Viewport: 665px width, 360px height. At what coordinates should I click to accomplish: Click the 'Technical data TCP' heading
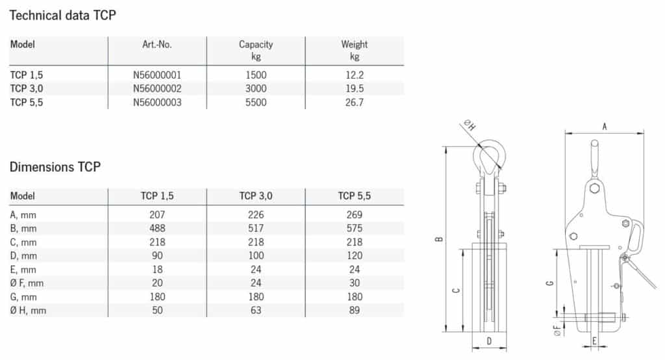coord(63,16)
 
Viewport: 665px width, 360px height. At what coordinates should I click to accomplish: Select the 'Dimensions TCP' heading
coord(55,167)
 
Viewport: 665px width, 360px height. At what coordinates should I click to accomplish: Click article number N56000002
coord(157,89)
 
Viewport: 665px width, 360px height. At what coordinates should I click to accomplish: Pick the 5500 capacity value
coord(256,102)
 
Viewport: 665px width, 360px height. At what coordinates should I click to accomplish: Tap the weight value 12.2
coord(354,75)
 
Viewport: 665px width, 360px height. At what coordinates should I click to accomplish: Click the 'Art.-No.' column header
coord(157,45)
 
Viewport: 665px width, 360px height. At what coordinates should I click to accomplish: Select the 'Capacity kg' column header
coord(256,50)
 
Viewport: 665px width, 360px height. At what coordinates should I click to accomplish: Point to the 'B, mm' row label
coord(23,229)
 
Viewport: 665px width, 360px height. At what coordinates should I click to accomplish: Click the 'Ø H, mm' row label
coord(28,311)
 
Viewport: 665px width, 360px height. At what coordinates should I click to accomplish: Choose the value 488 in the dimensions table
coord(157,228)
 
